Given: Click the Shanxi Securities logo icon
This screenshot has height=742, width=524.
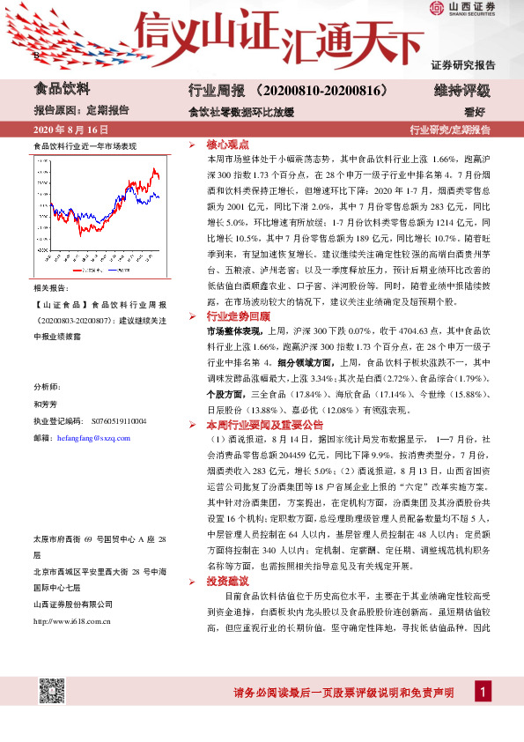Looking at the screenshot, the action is [437, 9].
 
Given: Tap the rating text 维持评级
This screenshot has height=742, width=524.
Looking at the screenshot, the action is [462, 90].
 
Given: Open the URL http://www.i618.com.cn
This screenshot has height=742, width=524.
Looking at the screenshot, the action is [71, 597].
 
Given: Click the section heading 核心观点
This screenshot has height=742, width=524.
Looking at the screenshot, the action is [227, 144].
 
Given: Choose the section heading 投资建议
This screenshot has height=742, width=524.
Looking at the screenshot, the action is [227, 557].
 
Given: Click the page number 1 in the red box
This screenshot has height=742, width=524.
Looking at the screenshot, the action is [483, 693].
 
